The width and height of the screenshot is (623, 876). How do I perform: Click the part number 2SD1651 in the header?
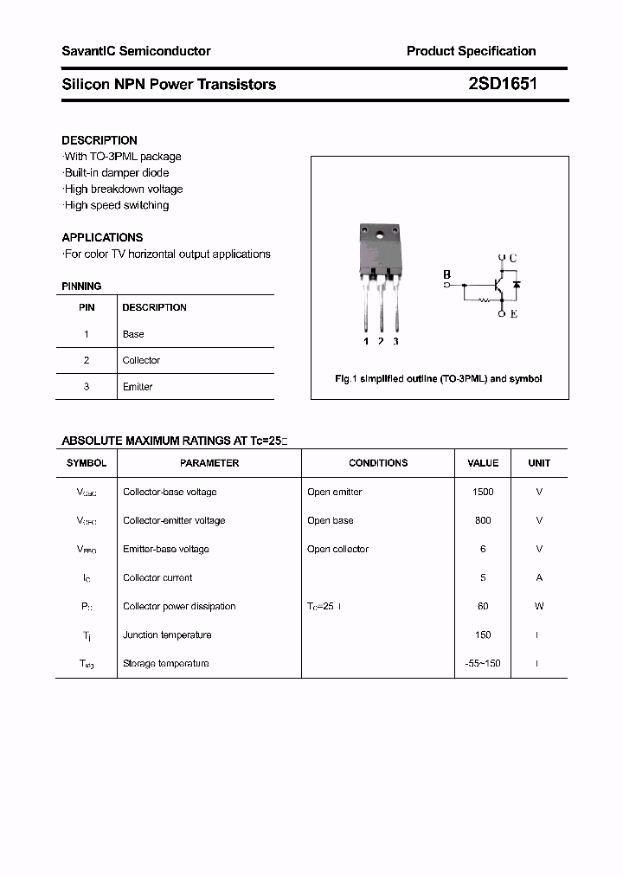point(501,84)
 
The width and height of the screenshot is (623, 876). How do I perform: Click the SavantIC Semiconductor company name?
point(136,51)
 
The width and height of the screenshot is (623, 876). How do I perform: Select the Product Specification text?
point(471,51)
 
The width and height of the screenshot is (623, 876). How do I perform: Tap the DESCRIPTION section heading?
point(100,140)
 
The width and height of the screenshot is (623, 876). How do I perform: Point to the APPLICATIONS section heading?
point(102,237)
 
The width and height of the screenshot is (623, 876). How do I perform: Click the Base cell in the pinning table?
point(133,334)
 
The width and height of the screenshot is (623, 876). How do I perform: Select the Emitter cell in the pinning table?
point(138,387)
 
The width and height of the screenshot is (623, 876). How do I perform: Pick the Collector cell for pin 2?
point(141,360)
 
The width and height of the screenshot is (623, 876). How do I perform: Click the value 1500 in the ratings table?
point(483,492)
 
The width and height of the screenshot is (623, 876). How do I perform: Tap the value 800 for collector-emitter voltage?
point(483,520)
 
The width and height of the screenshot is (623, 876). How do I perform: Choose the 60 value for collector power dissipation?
point(483,606)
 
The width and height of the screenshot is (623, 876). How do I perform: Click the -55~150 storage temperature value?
point(483,663)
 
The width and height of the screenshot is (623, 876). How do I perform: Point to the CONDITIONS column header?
point(378,463)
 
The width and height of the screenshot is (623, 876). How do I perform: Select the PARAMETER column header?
point(209,463)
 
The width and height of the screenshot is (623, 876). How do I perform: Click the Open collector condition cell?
point(337,549)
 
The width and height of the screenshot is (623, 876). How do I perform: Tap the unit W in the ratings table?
point(539,606)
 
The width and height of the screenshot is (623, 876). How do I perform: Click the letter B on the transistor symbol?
point(447,275)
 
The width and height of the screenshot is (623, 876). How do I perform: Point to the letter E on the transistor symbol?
point(513,314)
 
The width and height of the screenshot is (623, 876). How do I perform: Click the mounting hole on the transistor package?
point(379,235)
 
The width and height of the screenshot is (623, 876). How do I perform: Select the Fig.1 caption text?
point(439,379)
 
